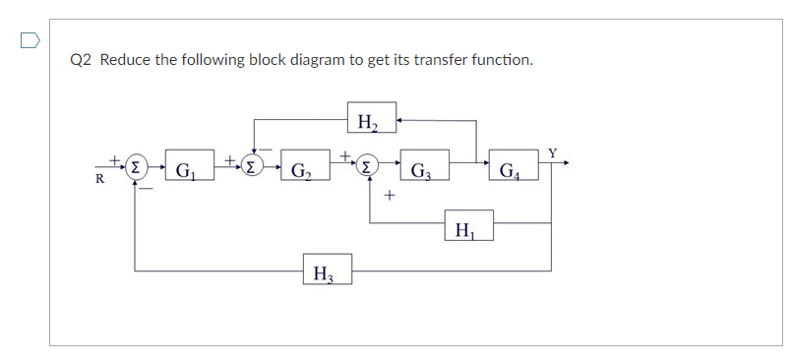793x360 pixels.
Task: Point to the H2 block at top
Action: (372, 121)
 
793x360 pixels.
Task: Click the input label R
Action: (99, 180)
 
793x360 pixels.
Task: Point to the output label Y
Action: (552, 152)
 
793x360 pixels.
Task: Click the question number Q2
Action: (82, 60)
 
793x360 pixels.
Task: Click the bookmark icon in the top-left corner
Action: (30, 41)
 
